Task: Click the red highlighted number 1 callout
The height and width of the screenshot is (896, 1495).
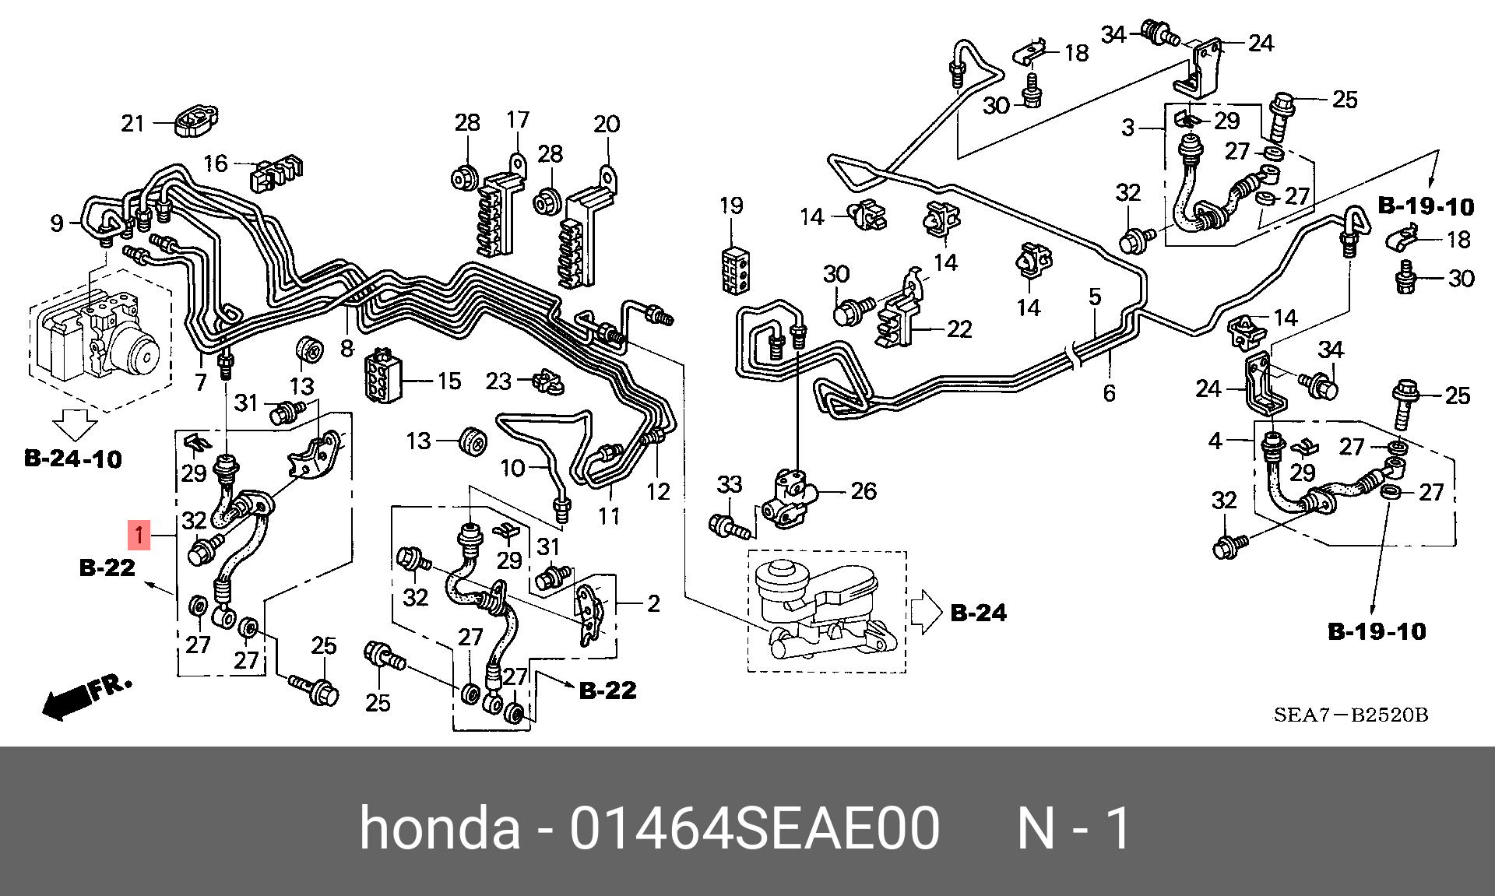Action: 139,535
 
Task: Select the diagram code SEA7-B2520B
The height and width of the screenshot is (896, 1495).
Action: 1350,715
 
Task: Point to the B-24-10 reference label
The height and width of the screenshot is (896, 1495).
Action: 73,459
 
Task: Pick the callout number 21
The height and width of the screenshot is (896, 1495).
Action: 132,123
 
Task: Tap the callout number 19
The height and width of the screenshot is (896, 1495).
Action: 731,206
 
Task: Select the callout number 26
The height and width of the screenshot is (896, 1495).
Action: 864,490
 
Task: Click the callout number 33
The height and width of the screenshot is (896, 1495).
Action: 729,484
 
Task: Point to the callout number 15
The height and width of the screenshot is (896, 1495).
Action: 449,381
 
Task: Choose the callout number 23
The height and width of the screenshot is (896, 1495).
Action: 498,381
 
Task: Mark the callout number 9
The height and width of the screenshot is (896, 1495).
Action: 56,223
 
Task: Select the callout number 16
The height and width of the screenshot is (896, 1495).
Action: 216,163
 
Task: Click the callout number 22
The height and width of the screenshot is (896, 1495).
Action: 959,329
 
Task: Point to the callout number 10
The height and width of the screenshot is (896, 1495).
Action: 512,468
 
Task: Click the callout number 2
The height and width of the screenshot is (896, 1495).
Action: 653,603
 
